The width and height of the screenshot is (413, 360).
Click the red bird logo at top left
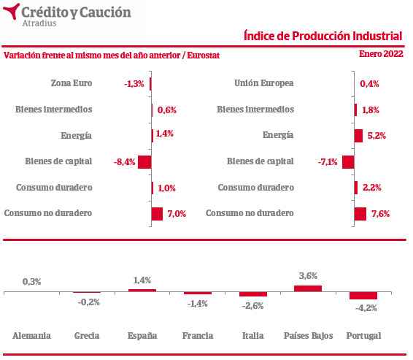[x=12, y=11]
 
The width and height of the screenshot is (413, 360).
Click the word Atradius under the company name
[x=39, y=23]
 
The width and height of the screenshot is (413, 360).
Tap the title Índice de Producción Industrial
[x=323, y=36]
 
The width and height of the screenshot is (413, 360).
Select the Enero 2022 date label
[x=381, y=54]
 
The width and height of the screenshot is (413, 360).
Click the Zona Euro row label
[x=72, y=83]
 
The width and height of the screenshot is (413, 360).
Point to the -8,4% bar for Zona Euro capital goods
[x=144, y=162]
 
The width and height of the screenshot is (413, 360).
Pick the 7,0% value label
[x=177, y=213]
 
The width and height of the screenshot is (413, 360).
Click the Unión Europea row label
[x=264, y=83]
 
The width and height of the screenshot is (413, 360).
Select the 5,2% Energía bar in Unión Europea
[x=358, y=136]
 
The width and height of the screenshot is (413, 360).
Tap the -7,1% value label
[x=328, y=162]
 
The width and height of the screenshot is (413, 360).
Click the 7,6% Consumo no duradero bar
[x=360, y=214]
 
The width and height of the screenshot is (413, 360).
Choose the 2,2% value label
[x=372, y=188]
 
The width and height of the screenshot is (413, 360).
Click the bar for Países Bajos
[x=308, y=288]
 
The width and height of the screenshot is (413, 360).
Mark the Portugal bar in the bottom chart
[x=363, y=296]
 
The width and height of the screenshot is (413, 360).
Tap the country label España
[x=142, y=336]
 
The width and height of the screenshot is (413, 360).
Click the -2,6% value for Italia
[x=253, y=306]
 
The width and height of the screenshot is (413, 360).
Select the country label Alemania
[x=31, y=336]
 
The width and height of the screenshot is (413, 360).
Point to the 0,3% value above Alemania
[x=31, y=282]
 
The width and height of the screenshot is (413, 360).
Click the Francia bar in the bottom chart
[x=198, y=293]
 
